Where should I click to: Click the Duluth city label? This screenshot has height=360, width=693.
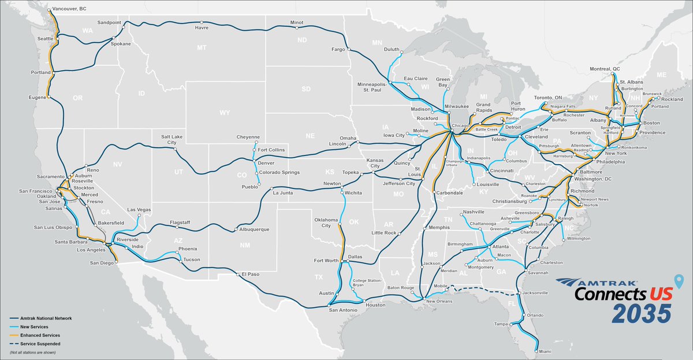coord(392,50)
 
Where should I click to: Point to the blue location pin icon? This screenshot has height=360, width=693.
coord(682,282)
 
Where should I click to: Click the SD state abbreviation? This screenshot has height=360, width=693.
coord(305,90)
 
